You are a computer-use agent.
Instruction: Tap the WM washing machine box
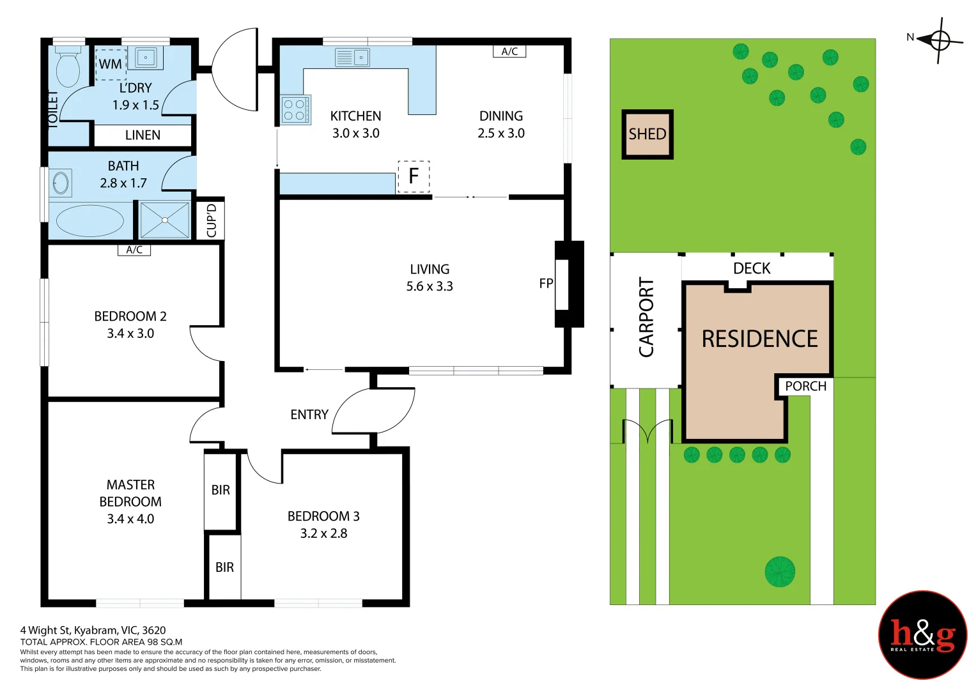[111, 65]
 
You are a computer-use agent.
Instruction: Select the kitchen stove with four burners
[296, 110]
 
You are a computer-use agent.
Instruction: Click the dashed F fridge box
[414, 176]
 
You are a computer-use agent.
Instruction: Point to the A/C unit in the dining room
[509, 51]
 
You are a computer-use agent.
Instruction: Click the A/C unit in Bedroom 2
[134, 250]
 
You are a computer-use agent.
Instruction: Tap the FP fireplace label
[546, 284]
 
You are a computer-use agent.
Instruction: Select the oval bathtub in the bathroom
[90, 221]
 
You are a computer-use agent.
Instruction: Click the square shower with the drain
[165, 220]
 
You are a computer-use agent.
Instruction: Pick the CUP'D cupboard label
[212, 220]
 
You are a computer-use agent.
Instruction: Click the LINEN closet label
[143, 135]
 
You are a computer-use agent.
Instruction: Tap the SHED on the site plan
[647, 134]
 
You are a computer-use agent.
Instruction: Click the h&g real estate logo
[922, 634]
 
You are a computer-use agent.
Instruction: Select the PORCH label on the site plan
[805, 386]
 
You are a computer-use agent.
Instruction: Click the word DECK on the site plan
[752, 268]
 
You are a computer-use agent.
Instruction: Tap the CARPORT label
[646, 317]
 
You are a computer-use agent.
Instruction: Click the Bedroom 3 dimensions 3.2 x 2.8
[324, 533]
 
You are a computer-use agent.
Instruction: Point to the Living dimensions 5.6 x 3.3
[430, 286]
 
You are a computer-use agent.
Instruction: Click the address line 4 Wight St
[93, 630]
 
